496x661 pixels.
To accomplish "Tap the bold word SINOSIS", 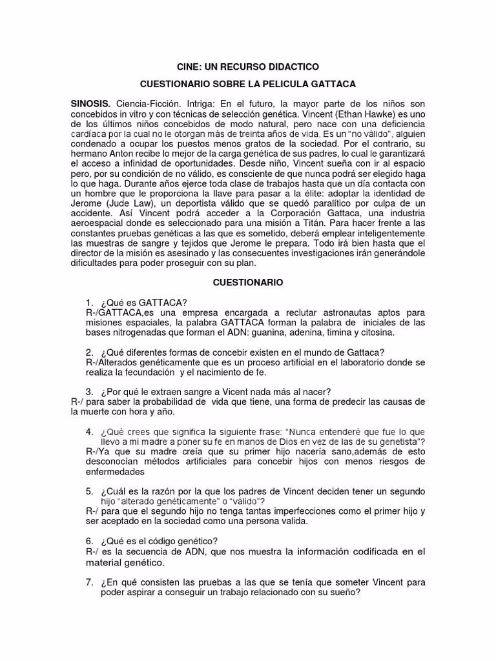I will click(91, 104).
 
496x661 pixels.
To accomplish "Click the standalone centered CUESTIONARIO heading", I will click(248, 283).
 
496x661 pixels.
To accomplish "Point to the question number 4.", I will click(89, 432).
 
